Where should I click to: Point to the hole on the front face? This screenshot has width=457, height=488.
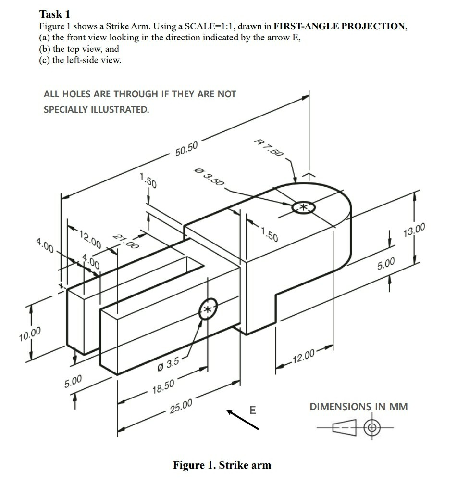(x=208, y=308)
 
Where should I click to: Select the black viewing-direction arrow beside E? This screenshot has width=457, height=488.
(x=244, y=419)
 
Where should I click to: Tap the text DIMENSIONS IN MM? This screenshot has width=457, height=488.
(x=358, y=406)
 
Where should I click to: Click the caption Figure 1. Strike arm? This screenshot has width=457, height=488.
(x=222, y=465)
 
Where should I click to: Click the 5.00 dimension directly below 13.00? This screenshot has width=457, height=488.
(x=386, y=262)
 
